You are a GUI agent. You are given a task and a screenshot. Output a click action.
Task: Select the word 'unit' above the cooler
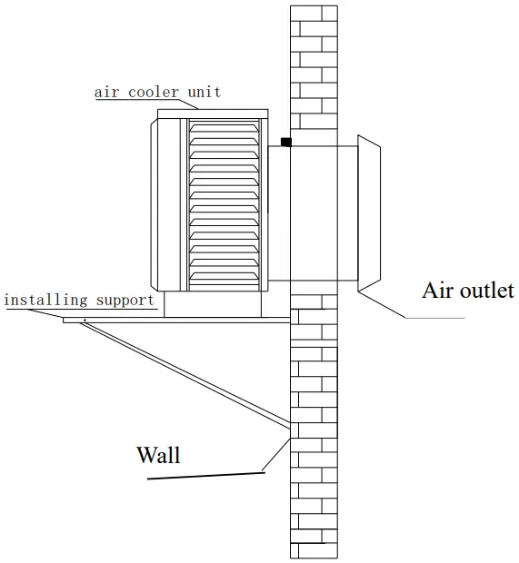point(205,92)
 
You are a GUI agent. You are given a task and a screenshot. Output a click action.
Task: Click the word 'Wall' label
point(158,453)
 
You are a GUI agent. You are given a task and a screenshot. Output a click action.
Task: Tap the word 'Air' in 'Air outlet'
point(436,291)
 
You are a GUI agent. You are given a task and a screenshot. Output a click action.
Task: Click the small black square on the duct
point(285,142)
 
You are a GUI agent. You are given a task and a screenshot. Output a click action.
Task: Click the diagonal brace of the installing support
point(182,373)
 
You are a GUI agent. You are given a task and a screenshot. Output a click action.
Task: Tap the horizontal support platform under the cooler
point(177,319)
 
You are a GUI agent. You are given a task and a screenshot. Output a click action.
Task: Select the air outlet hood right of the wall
point(374,214)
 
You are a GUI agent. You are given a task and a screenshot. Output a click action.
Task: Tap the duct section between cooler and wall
point(278,213)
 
